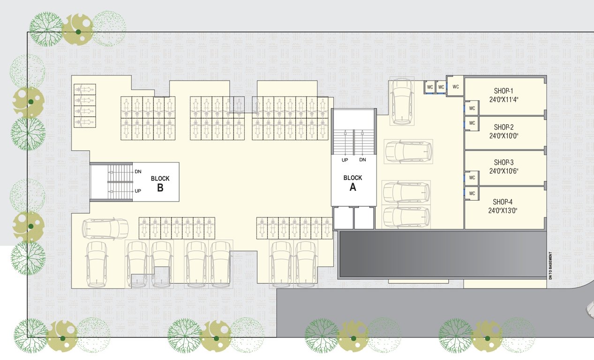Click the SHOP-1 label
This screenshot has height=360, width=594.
(504, 91)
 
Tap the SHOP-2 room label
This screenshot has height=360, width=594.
(504, 127)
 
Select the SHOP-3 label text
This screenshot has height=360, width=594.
(504, 163)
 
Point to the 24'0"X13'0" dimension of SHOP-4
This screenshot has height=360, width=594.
(504, 210)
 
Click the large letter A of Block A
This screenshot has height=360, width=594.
(353, 187)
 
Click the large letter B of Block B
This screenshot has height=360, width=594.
(160, 188)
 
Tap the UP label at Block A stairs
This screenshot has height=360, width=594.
(345, 160)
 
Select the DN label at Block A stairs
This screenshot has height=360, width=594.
(362, 160)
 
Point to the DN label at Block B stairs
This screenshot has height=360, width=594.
(138, 172)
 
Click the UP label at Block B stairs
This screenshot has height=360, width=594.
(138, 191)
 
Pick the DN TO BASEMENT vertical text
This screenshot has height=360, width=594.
(551, 266)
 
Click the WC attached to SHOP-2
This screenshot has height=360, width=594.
(472, 123)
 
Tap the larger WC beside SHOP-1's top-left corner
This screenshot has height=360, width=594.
(455, 87)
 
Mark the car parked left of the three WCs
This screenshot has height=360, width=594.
(402, 101)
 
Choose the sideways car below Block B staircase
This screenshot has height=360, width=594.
(105, 229)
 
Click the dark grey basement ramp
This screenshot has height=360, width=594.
(441, 254)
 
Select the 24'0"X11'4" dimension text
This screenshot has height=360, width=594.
(504, 99)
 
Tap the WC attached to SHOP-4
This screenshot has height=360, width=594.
(472, 193)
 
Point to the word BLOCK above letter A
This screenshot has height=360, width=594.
(353, 178)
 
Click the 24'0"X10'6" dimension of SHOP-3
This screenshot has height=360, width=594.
(504, 171)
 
